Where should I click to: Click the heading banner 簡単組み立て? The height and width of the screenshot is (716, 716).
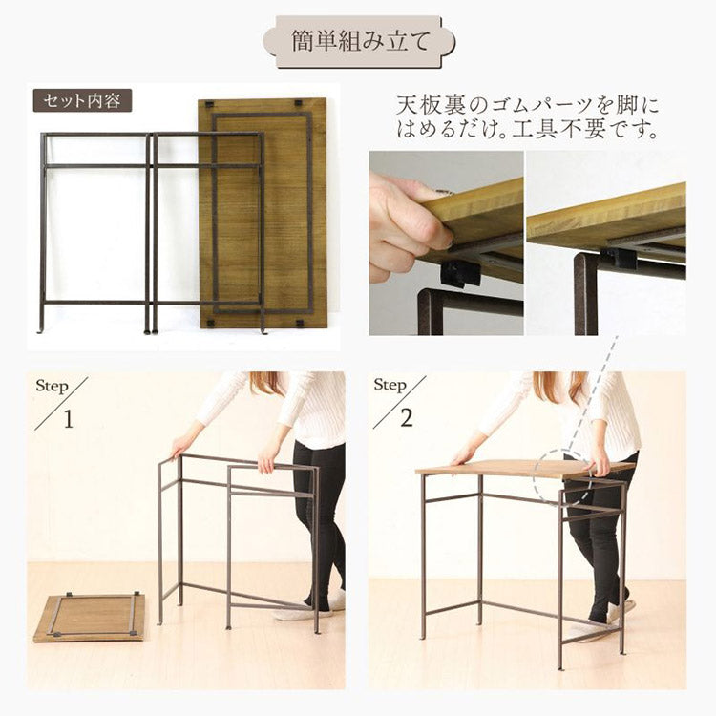[x=358, y=42]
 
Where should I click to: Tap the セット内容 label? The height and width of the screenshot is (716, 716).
[x=82, y=100]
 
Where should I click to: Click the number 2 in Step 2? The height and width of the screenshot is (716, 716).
[x=407, y=418]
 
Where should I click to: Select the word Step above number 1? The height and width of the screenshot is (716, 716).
[x=53, y=387]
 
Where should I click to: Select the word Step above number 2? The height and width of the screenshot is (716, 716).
[x=390, y=385]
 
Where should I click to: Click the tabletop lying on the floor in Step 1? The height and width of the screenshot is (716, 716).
[x=90, y=616]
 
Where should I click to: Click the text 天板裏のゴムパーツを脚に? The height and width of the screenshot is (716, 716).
[x=527, y=104]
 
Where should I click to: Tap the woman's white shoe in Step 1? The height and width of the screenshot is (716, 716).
[x=336, y=600]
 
